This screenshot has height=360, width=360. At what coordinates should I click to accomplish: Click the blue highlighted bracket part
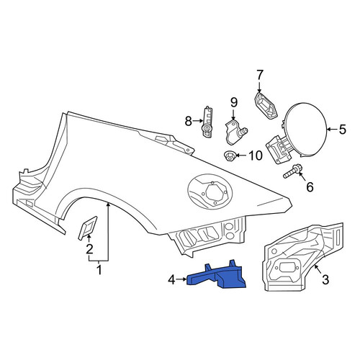point(217,277)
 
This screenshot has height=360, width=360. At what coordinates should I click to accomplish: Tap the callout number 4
point(172,280)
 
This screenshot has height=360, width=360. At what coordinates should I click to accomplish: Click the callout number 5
point(342,130)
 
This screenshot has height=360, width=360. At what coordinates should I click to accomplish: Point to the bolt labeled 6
point(292,172)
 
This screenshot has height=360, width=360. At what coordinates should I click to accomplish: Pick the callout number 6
point(310,187)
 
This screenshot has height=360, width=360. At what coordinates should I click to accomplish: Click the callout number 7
point(260,75)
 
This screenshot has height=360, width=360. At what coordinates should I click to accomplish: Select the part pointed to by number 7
point(266,106)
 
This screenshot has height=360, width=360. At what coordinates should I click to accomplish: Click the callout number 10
point(256,156)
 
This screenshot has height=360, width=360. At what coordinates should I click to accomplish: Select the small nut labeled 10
point(230,156)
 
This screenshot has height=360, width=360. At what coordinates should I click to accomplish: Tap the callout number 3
point(325,280)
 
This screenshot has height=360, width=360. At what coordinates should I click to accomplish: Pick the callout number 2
point(89,250)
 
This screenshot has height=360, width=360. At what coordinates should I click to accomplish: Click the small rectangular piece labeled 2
point(88,228)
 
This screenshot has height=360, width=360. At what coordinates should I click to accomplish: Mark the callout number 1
point(99,269)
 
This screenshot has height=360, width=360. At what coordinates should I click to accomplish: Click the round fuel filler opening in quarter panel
point(210,191)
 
